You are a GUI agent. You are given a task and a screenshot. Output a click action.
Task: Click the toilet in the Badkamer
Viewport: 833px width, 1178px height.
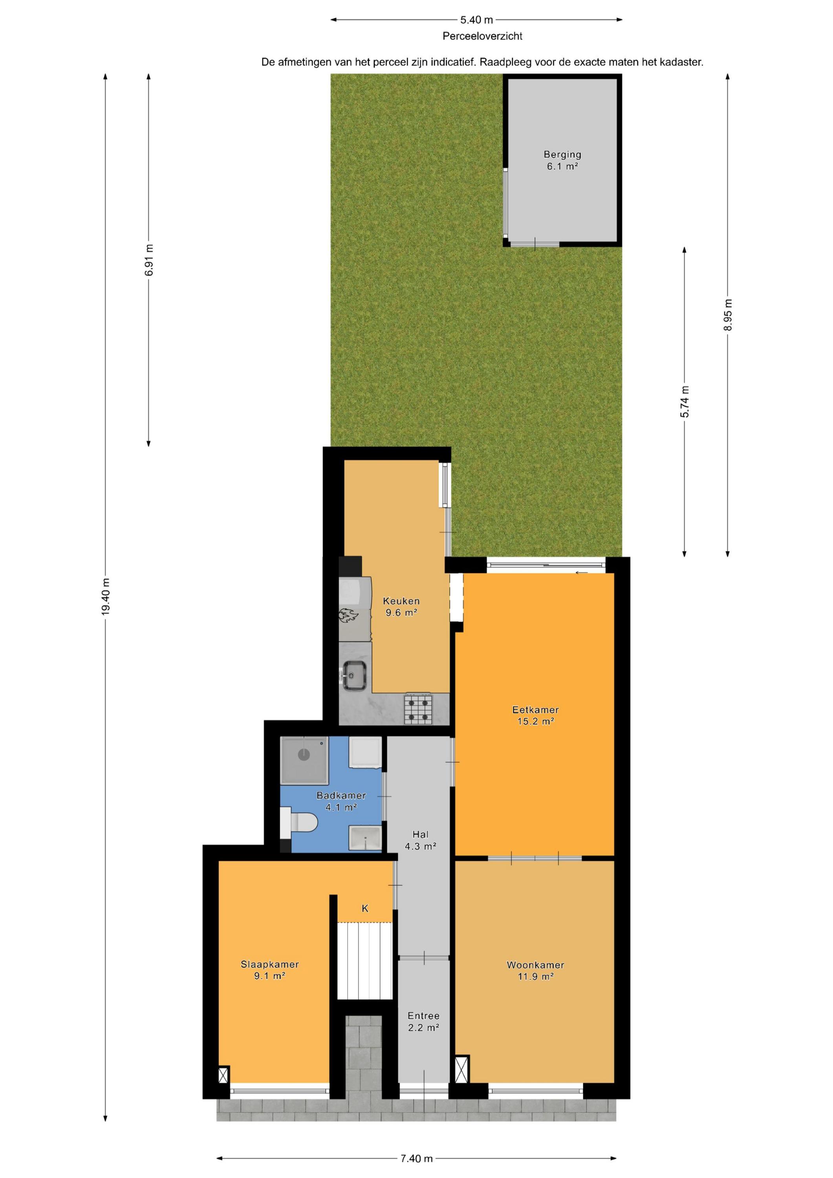[x=299, y=823]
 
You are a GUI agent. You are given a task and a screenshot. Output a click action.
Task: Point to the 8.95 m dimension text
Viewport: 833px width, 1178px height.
[x=728, y=315]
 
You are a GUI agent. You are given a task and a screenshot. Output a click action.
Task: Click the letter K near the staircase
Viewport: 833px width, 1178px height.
[x=365, y=909]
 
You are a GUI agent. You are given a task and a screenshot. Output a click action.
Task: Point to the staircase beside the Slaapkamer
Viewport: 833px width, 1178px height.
[x=364, y=960]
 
